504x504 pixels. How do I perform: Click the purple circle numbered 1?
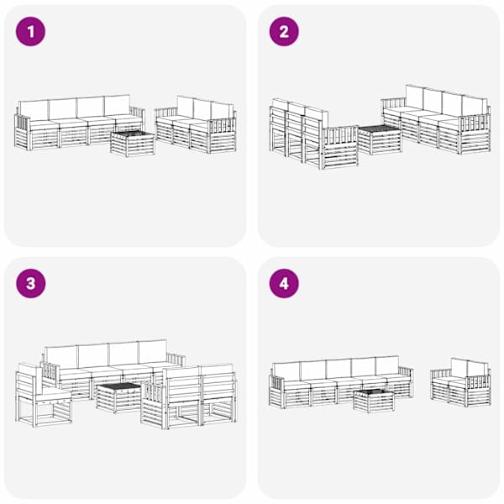click(30, 32)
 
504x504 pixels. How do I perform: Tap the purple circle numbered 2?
click(284, 32)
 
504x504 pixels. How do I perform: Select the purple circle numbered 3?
click(30, 284)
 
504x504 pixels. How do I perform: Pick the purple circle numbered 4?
click(284, 284)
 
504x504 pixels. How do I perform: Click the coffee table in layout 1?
click(133, 144)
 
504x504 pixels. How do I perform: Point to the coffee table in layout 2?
click(380, 139)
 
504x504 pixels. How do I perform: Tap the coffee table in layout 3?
click(118, 397)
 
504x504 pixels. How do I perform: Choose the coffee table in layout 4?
click(374, 401)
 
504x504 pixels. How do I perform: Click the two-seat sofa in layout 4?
click(460, 382)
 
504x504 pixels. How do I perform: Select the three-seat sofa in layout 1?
click(196, 124)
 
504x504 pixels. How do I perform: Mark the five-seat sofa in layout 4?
click(341, 382)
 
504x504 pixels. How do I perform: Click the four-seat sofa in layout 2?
click(436, 119)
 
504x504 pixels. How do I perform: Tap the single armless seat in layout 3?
click(44, 395)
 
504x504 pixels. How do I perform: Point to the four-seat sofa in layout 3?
click(113, 370)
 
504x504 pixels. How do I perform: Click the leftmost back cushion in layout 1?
click(34, 110)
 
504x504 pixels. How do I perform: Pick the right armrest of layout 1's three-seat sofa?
click(223, 135)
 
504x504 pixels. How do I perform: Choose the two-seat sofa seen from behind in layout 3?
click(189, 397)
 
